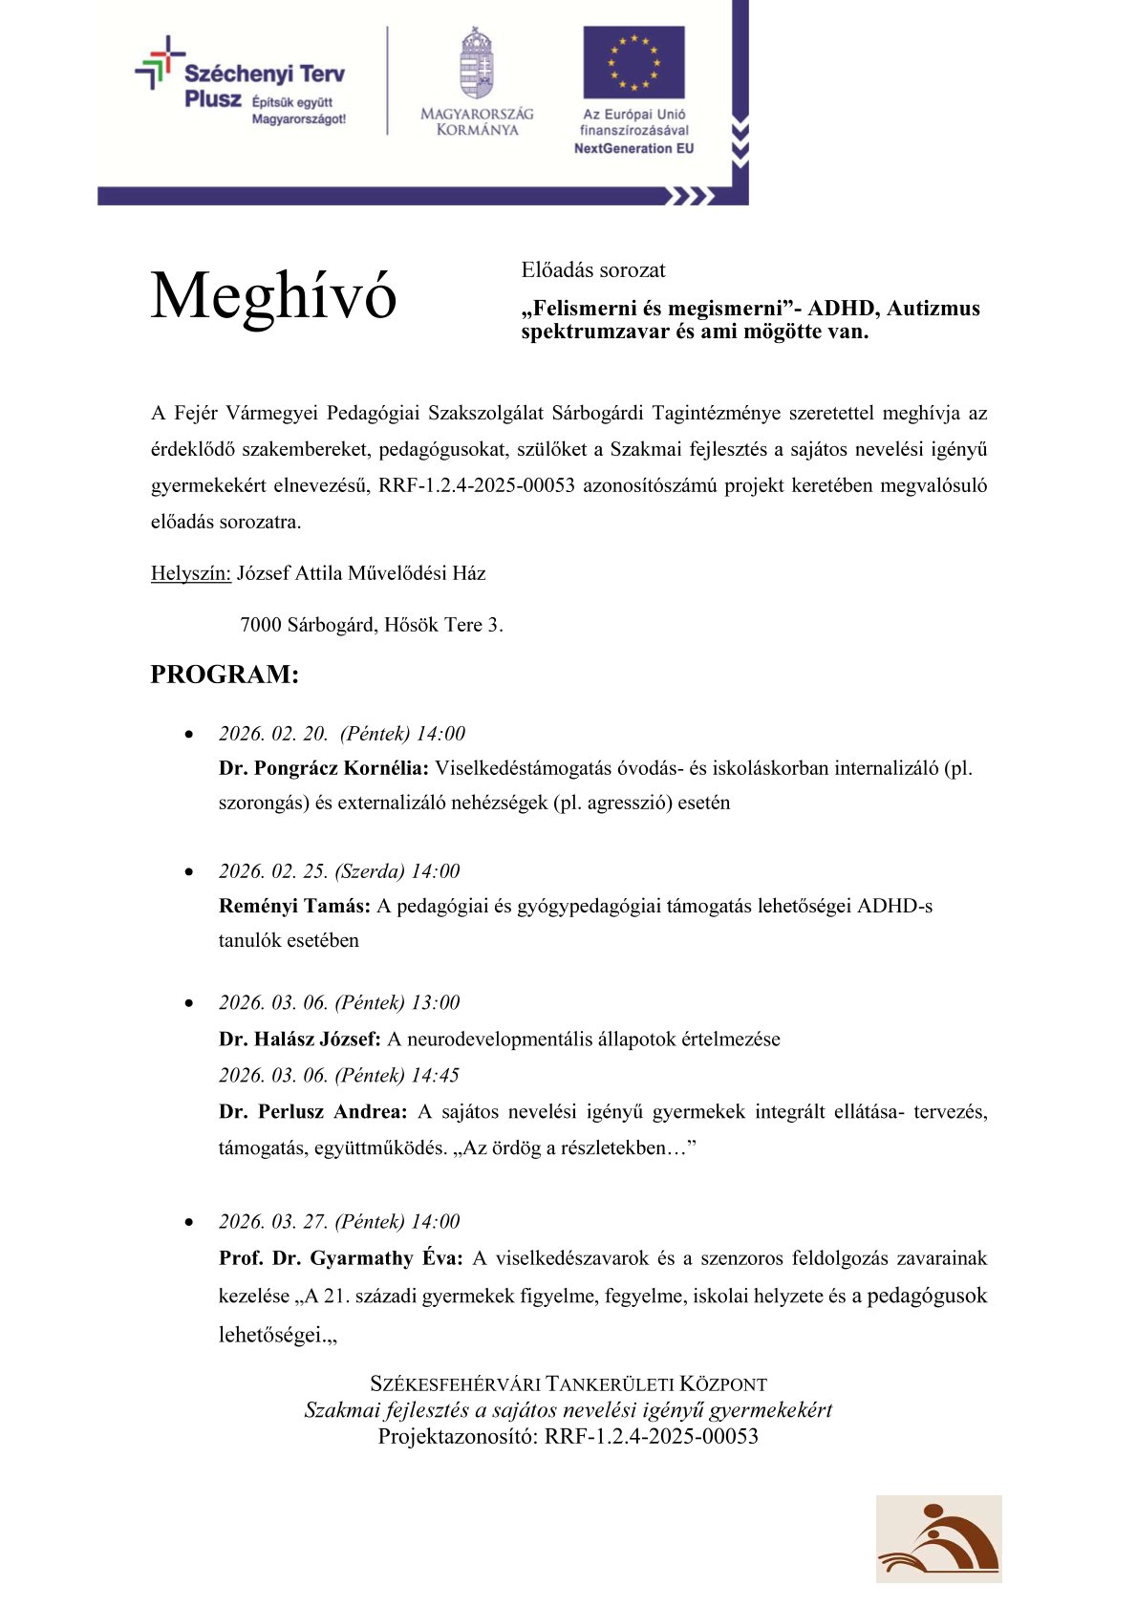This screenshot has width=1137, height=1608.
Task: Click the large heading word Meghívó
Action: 273,296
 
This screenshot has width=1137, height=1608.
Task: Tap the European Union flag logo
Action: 633,62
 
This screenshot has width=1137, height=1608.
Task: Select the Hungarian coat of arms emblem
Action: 476,64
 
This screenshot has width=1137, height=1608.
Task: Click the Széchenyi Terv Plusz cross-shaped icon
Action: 159,63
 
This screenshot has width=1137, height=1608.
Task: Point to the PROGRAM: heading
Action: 225,675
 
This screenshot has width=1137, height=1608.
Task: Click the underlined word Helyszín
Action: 191,573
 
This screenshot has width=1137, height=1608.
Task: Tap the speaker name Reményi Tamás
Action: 294,906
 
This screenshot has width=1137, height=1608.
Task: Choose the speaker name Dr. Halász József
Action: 300,1040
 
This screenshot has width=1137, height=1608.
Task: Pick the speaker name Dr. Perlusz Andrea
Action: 312,1112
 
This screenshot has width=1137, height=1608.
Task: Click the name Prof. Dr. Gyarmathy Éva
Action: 340,1258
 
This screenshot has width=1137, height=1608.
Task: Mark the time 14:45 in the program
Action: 435,1076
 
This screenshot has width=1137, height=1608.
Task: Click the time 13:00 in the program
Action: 435,1003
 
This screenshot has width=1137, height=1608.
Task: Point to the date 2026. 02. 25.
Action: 273,871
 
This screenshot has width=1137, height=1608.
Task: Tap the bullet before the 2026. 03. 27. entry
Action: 189,1223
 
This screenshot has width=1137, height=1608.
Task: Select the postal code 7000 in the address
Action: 261,626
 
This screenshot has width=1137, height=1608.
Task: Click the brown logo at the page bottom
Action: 938,1538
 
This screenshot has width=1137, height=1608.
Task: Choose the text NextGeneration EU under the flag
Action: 633,148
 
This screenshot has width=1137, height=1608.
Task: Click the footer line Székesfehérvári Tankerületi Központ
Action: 568,1384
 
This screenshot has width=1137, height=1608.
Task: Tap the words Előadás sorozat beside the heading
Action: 593,270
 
